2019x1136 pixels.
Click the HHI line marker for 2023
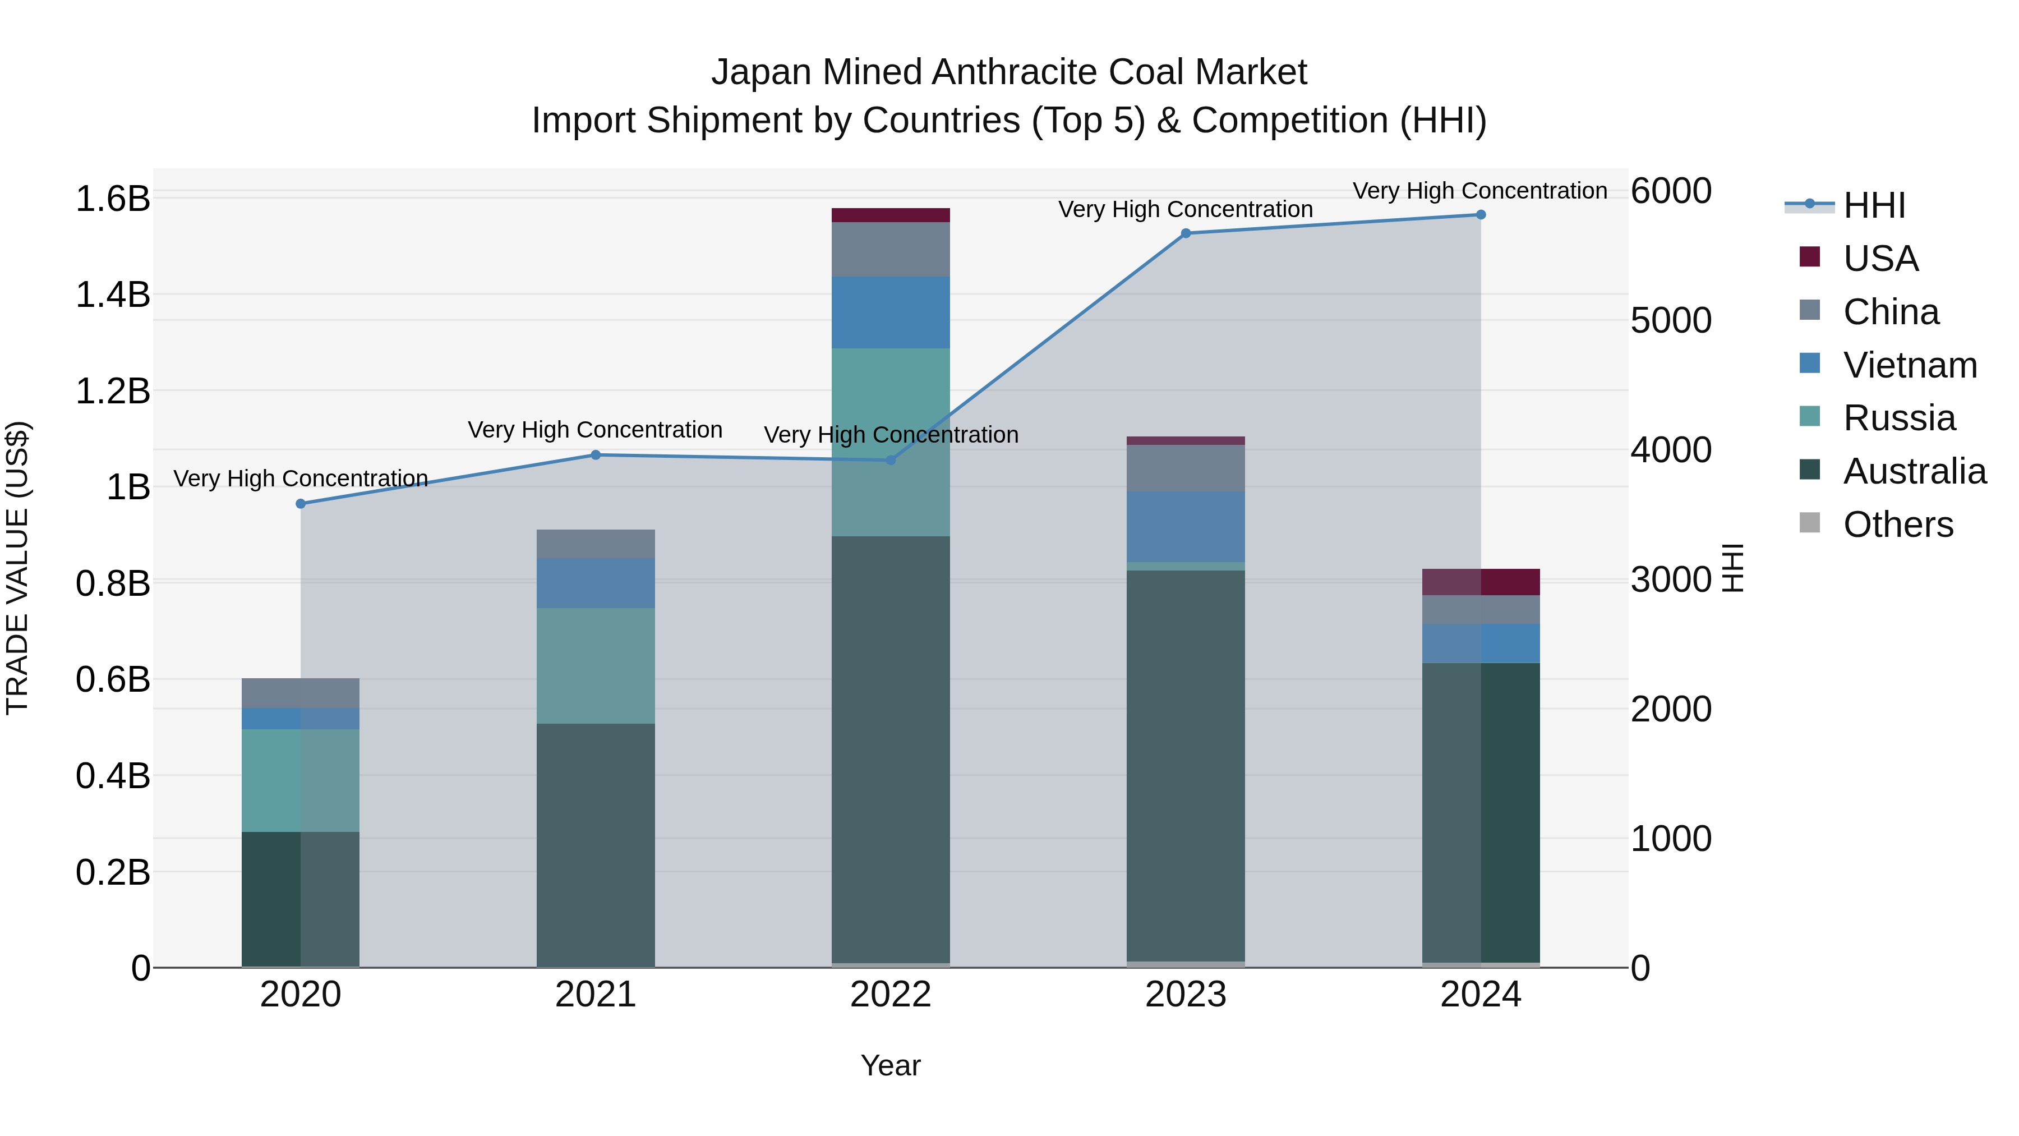coord(1185,233)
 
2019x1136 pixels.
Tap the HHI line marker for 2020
coord(301,503)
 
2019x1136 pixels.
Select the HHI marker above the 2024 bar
coord(1481,215)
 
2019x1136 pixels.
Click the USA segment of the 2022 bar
coord(891,215)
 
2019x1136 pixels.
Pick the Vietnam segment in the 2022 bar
coord(891,312)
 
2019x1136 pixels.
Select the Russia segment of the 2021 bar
coord(596,665)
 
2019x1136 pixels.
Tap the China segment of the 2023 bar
coord(1185,468)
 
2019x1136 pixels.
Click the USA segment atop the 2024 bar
coord(1481,582)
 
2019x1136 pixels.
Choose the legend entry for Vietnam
coord(1909,365)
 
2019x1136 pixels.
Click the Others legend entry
coord(1897,525)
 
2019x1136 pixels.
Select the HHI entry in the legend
coord(1874,205)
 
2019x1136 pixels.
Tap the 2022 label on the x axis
coord(891,995)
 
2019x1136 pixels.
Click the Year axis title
coord(891,1065)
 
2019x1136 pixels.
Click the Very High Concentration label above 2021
coord(595,430)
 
